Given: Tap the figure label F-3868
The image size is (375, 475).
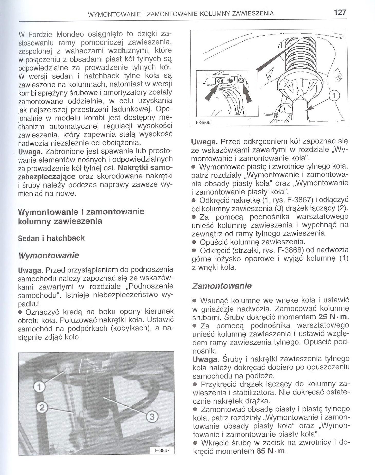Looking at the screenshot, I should (x=203, y=122).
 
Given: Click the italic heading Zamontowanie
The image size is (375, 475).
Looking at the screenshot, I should (x=222, y=286).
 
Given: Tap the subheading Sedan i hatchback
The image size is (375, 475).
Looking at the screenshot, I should (x=51, y=238).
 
